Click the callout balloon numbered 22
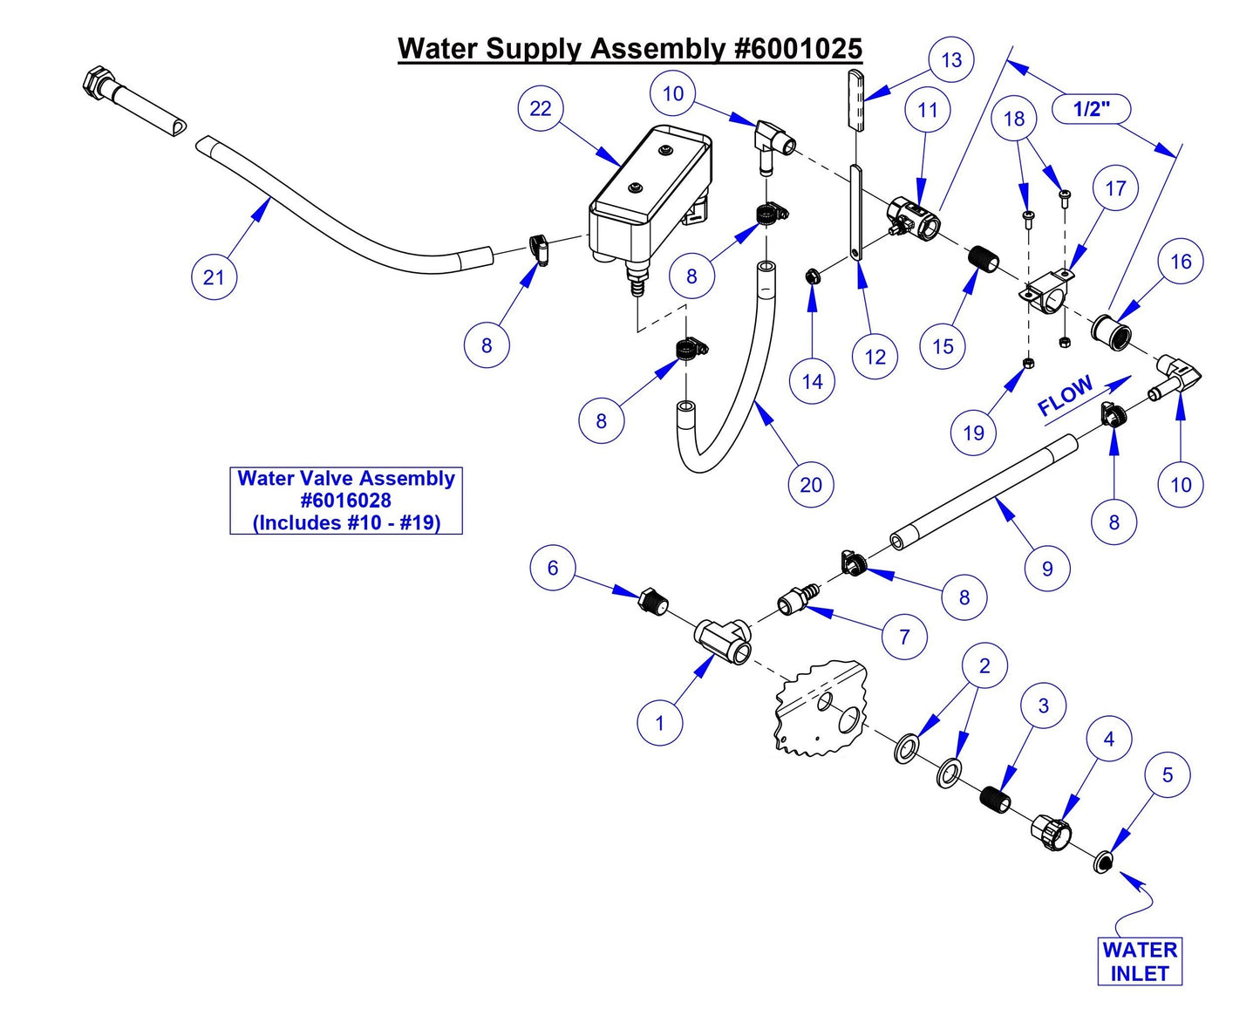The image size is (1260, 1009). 541,108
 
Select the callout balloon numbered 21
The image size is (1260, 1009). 214,277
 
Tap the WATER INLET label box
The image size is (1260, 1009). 1139,961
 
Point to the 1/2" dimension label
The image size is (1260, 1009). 1091,109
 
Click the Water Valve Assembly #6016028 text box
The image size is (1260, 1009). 346,501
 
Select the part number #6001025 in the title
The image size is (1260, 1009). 798,49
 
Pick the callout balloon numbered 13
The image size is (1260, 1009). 951,60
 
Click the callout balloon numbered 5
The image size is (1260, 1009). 1168,775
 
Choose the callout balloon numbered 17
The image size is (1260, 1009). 1115,188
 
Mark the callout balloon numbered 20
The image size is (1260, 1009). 811,485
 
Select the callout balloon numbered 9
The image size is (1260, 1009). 1047,569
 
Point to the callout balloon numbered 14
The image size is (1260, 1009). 812,381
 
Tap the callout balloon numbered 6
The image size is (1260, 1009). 553,568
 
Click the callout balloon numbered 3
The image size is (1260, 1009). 1044,706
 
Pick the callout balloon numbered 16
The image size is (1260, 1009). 1181,262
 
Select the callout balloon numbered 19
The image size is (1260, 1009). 973,433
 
